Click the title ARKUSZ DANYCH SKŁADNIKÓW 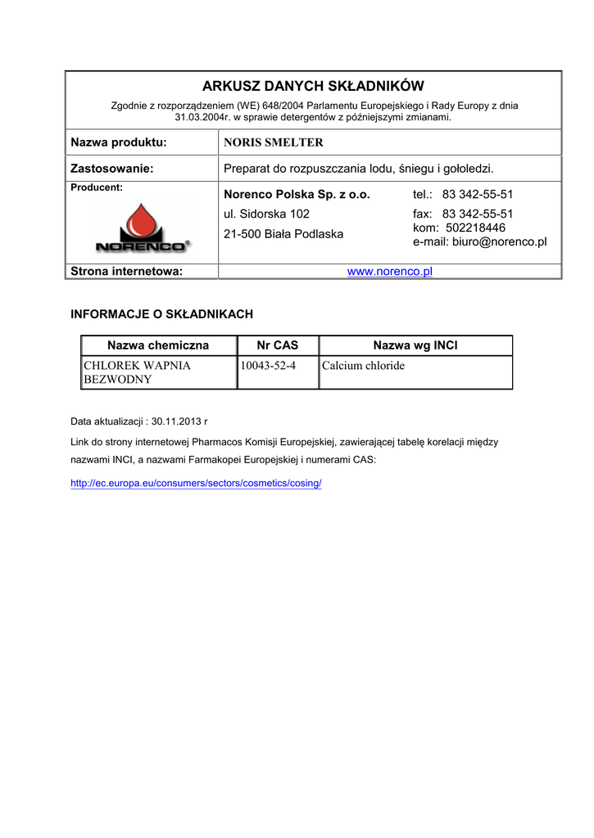313,86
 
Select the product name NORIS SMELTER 274,142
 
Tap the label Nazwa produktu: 119,142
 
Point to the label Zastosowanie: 112,169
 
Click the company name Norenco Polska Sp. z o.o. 297,195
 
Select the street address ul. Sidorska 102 266,214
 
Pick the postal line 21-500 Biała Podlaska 283,234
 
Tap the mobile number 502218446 475,228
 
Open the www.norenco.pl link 389,272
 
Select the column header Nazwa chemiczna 158,345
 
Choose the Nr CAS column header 278,345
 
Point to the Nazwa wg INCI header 415,345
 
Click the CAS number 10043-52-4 268,366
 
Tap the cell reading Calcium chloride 364,366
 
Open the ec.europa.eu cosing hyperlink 197,483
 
